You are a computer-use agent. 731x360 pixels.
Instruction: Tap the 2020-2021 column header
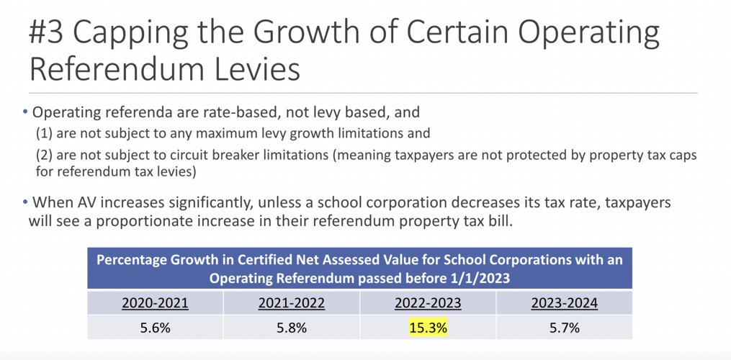pos(156,302)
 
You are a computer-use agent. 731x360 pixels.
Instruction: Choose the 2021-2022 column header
pos(292,302)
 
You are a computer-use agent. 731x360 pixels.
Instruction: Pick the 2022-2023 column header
pos(429,302)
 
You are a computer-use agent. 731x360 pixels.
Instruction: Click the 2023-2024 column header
pos(565,302)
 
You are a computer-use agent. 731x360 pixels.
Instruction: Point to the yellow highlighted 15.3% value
pos(429,328)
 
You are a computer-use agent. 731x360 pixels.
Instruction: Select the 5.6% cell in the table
pos(156,328)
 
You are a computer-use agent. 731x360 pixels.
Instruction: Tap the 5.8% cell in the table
pos(292,328)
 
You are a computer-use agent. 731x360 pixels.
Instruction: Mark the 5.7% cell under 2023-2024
pos(565,328)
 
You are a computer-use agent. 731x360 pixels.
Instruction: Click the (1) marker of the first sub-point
pos(44,133)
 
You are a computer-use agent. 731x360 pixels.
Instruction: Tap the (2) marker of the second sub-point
pos(44,156)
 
